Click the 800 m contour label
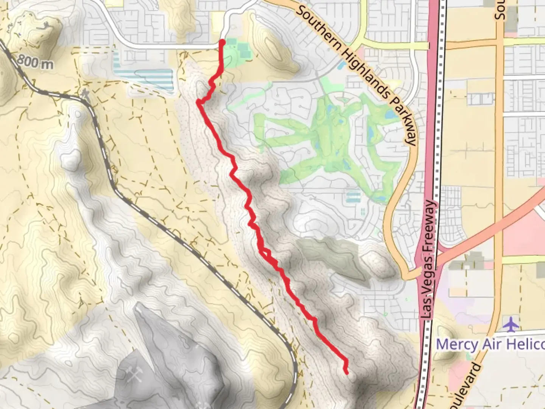click(x=35, y=62)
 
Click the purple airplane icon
click(x=511, y=325)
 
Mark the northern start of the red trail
click(x=222, y=42)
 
